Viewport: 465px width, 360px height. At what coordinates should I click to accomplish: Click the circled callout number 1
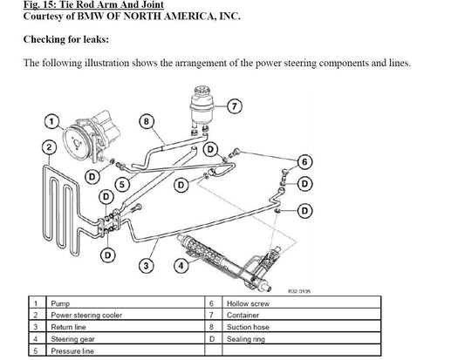point(51,121)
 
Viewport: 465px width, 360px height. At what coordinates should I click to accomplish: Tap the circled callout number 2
point(49,148)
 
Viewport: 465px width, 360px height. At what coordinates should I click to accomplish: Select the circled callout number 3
point(146,266)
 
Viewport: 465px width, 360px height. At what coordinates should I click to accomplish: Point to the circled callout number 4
point(181,266)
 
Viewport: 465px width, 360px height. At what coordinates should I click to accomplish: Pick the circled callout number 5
point(122,185)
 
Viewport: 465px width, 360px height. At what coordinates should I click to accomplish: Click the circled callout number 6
point(304,162)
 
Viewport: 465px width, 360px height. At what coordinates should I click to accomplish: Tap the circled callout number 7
point(235,106)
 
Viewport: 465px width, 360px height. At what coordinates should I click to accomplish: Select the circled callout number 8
point(147,121)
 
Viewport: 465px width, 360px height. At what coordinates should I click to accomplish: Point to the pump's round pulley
point(78,143)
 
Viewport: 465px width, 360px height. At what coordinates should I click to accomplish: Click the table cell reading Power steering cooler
point(126,315)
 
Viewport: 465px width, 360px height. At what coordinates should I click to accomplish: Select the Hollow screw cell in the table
point(301,302)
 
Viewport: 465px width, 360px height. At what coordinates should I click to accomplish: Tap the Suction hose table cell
point(301,327)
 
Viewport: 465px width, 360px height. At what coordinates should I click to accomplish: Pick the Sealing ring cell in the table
point(301,338)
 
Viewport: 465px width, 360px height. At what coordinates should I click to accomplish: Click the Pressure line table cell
point(126,350)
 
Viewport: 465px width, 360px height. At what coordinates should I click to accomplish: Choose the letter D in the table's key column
point(211,339)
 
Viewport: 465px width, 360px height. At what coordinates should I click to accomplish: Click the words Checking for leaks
point(66,39)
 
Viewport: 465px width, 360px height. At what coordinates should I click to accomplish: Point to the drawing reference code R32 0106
point(299,291)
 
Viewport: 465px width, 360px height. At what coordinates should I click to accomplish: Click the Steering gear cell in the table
point(126,338)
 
